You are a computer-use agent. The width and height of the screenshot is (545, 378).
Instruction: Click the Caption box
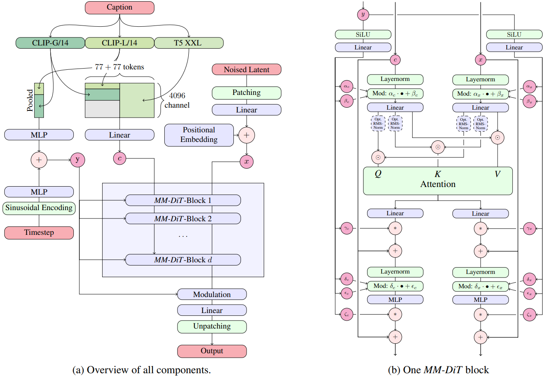point(119,8)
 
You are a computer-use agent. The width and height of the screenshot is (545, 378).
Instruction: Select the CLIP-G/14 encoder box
point(50,43)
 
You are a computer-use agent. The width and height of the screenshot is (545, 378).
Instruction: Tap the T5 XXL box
point(189,43)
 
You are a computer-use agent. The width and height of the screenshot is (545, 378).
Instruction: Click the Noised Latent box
point(247,69)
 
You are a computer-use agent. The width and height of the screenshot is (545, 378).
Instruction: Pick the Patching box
point(247,93)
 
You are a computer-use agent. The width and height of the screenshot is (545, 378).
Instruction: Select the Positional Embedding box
point(199,135)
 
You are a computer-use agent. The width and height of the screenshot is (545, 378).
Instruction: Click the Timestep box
point(39,232)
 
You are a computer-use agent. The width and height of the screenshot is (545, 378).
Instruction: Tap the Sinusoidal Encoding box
point(39,208)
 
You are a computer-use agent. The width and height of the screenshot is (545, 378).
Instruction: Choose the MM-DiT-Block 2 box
point(183,219)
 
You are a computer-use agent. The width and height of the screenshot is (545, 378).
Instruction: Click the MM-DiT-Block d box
point(183,260)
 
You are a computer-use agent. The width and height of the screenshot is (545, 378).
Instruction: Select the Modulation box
point(212,294)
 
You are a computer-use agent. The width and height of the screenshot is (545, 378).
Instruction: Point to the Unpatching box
point(212,327)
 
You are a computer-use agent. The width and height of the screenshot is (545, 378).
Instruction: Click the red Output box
point(212,351)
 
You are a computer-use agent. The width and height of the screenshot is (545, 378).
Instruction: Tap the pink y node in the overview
point(78,160)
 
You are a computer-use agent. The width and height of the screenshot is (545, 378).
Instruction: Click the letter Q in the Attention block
point(378,173)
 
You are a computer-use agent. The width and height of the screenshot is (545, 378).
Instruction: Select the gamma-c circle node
point(347,228)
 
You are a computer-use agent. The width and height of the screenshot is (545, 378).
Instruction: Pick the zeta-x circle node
point(529,315)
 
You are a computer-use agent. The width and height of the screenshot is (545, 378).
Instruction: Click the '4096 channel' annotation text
point(177,100)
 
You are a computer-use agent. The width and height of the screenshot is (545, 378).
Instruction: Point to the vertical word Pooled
point(30,100)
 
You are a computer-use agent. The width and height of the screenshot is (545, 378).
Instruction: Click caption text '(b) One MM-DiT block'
point(438,370)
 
